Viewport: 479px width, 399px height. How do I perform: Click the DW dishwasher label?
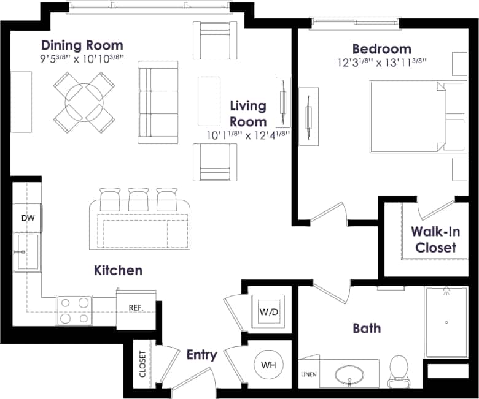pyautogui.click(x=27, y=218)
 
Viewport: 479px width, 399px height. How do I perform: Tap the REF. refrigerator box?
pyautogui.click(x=136, y=307)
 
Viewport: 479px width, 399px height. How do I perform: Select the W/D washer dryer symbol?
pyautogui.click(x=268, y=312)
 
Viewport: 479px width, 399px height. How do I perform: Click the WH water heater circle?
pyautogui.click(x=268, y=365)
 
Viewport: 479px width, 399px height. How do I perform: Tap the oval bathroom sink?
pyautogui.click(x=349, y=373)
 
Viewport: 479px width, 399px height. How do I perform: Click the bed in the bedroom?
pyautogui.click(x=409, y=115)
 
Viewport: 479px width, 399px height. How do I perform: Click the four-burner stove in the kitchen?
pyautogui.click(x=75, y=310)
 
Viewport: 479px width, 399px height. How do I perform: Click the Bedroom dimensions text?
pyautogui.click(x=381, y=63)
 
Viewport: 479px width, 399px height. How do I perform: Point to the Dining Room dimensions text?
pyautogui.click(x=82, y=59)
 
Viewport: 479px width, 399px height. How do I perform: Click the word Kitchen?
pyautogui.click(x=118, y=270)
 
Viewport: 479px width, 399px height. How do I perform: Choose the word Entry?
pyautogui.click(x=201, y=355)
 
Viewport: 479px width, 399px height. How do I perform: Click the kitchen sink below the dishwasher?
pyautogui.click(x=27, y=251)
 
